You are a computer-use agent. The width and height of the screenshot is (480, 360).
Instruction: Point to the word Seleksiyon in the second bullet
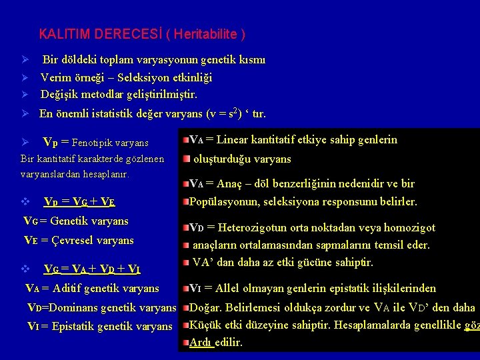[135, 78]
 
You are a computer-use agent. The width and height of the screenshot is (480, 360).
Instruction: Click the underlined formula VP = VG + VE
[83, 202]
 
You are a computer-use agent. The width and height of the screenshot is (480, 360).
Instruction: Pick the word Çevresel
[71, 240]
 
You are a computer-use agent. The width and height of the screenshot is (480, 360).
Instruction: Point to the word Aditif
[66, 288]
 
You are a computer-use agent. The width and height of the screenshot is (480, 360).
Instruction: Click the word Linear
[240, 139]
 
